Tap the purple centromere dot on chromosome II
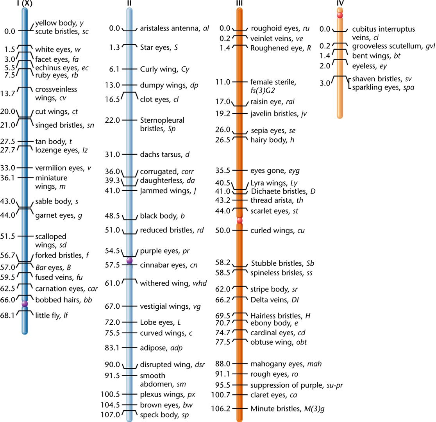pyautogui.click(x=130, y=260)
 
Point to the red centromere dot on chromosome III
pyautogui.click(x=239, y=221)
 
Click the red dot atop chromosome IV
pyautogui.click(x=340, y=15)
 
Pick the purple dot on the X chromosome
pyautogui.click(x=25, y=304)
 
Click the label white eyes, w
pyautogui.click(x=53, y=50)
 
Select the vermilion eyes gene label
pyautogui.click(x=63, y=168)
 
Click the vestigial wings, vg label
pyautogui.click(x=170, y=306)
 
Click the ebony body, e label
pyautogui.click(x=272, y=323)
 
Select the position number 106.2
pyautogui.click(x=222, y=409)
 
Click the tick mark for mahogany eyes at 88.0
pyautogui.click(x=239, y=364)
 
